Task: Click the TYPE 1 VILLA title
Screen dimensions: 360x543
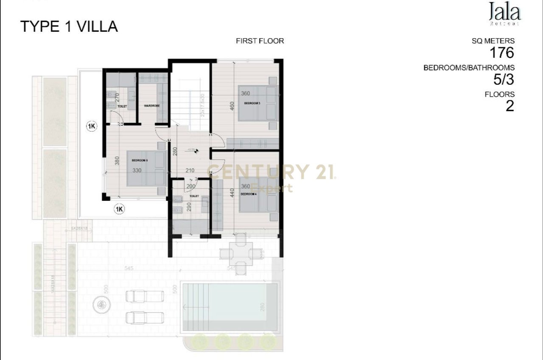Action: click(x=69, y=27)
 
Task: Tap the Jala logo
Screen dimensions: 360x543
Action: click(x=504, y=12)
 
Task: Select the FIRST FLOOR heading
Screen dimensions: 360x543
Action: click(x=260, y=41)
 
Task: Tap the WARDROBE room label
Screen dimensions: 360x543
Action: click(x=151, y=106)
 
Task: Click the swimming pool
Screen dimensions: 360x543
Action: click(x=230, y=307)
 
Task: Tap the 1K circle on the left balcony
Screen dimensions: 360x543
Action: click(x=91, y=126)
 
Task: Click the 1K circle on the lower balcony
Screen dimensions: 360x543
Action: click(x=119, y=208)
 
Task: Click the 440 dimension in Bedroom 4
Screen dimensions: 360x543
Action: click(x=232, y=194)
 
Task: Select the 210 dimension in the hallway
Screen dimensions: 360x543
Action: click(x=190, y=171)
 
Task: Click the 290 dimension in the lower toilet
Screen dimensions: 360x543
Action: click(x=189, y=207)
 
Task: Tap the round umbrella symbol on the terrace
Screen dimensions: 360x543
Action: click(x=101, y=304)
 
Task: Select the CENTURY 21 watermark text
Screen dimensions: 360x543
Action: click(x=271, y=172)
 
